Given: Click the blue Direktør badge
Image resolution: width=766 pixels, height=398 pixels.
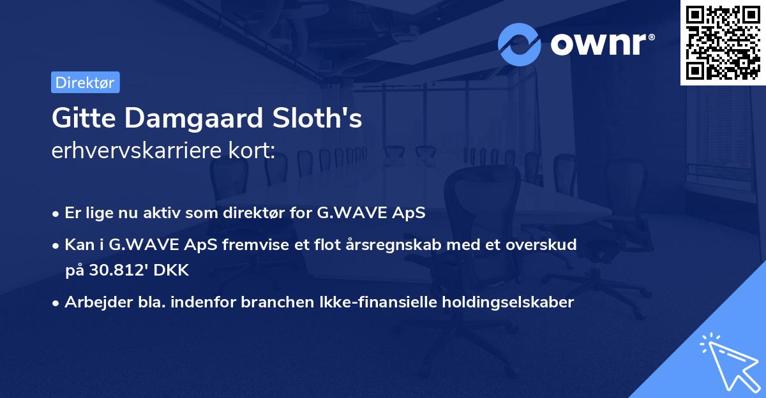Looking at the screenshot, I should [x=85, y=82].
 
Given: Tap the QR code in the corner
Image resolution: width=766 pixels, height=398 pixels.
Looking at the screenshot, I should [x=723, y=43].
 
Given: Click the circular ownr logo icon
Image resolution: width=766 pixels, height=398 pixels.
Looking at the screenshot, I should [x=520, y=44].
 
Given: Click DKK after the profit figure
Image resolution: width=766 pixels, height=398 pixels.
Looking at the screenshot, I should [x=170, y=270].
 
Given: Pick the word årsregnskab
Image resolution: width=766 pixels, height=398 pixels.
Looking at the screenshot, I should [x=364, y=244].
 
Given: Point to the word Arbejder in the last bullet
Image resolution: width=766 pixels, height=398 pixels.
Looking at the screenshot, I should [x=92, y=302].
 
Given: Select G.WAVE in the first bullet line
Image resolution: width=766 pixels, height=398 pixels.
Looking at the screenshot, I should [x=343, y=213].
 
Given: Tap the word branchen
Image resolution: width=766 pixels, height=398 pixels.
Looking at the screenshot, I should [x=271, y=302].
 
